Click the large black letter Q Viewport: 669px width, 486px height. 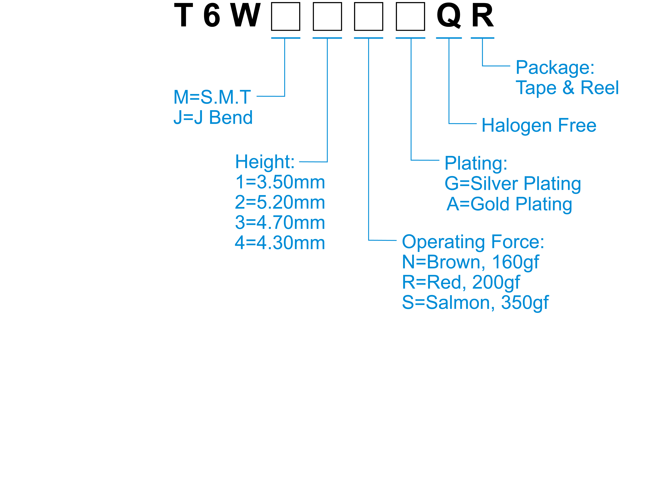(449, 15)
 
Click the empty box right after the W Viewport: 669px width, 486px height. (285, 16)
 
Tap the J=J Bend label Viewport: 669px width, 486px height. (213, 117)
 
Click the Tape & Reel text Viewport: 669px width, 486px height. (567, 88)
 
